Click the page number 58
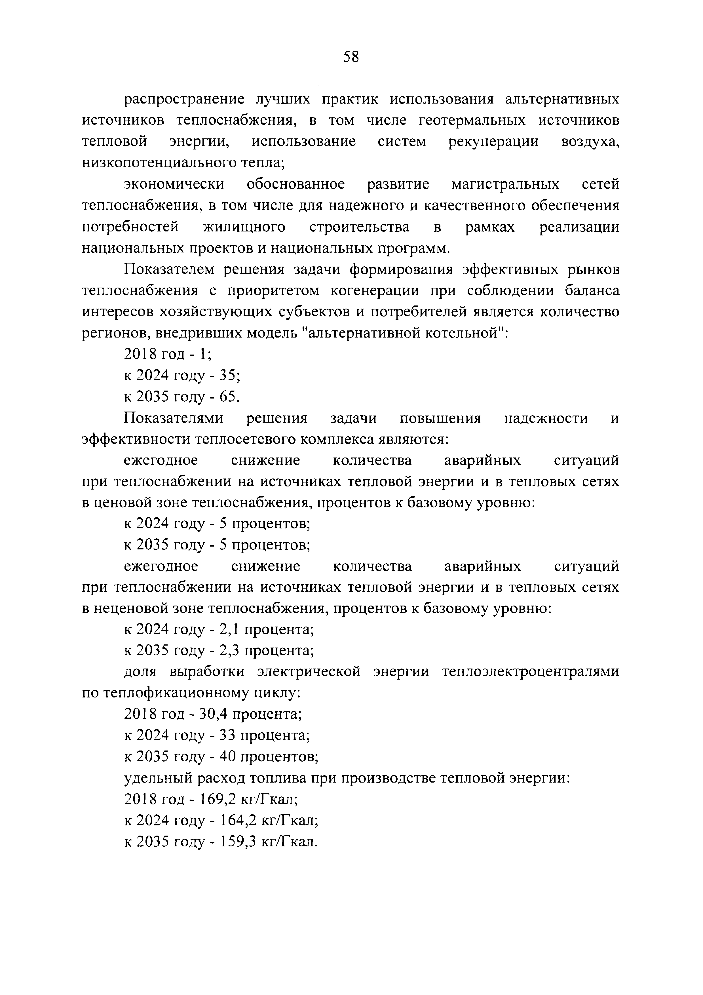[x=351, y=57]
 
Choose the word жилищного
[x=244, y=227]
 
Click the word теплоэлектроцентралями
[x=531, y=673]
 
